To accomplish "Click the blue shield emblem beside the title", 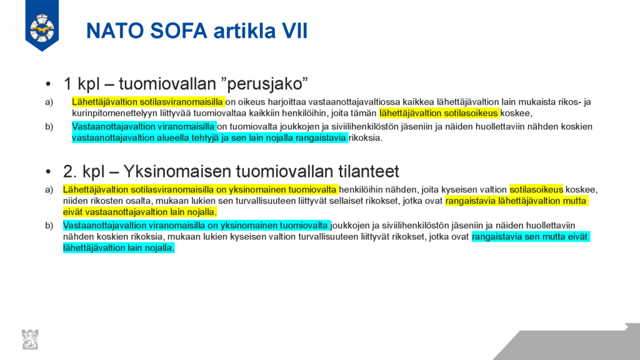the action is (x=42, y=25).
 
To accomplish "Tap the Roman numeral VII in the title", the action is (x=294, y=31).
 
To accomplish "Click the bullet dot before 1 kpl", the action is (x=49, y=84).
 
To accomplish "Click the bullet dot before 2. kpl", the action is (x=49, y=172).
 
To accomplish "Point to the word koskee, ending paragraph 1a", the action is (x=516, y=114).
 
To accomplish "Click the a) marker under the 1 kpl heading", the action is (x=49, y=102).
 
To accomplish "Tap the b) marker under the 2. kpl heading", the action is (x=49, y=226).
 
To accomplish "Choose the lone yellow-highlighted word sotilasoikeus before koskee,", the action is (x=536, y=190).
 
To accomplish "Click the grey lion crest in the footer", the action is (x=30, y=339).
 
